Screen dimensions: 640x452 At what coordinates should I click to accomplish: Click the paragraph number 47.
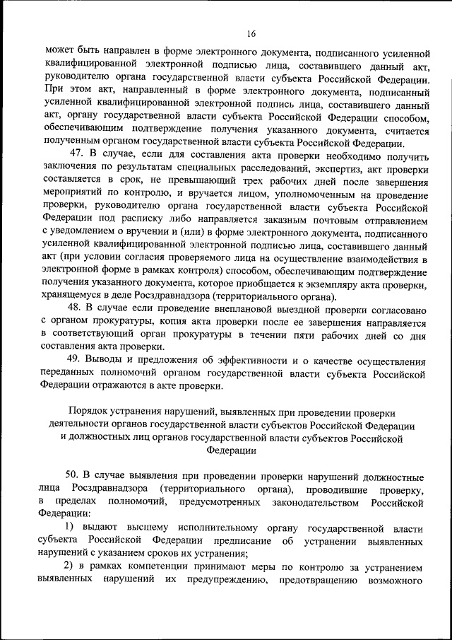pyautogui.click(x=77, y=156)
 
